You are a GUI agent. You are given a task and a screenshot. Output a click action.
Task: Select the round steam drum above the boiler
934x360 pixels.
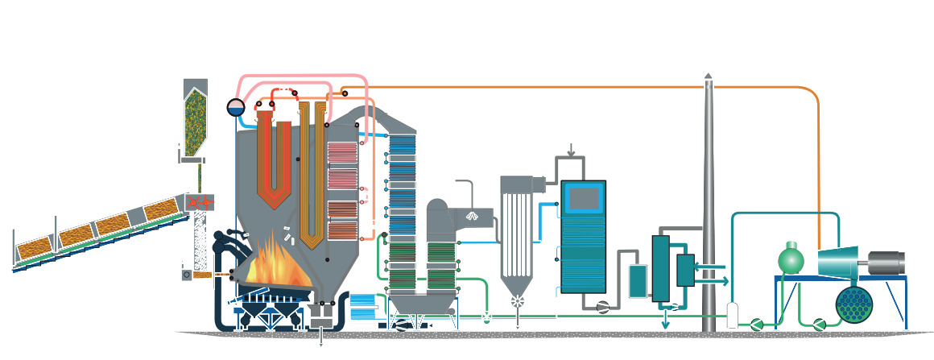pos(235,107)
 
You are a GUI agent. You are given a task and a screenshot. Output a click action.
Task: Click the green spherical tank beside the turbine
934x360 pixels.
pos(791,259)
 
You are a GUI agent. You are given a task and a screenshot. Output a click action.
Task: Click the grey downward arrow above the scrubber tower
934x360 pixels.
pos(571,151)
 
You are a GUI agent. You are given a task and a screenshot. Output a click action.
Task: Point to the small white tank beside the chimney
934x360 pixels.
pos(732,315)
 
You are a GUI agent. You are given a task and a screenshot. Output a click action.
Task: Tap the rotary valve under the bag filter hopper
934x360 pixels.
pos(517,301)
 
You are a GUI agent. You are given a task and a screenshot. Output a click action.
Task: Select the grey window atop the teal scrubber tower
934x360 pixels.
pos(583,197)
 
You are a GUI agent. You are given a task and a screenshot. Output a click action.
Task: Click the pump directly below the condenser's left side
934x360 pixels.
pos(819,324)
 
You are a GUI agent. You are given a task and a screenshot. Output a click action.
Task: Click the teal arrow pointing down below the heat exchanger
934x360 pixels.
pos(665,322)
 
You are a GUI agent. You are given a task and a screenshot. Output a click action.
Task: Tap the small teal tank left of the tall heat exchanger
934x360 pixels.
pos(637,279)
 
